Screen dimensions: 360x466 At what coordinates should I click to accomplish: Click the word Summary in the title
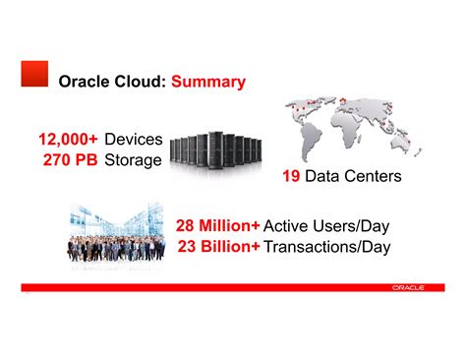(x=208, y=82)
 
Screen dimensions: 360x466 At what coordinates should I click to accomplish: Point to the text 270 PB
(x=70, y=159)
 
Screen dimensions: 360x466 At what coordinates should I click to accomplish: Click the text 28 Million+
(x=218, y=225)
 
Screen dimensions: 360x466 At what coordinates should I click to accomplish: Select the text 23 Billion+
(x=219, y=246)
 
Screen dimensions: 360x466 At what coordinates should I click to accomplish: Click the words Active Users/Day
(x=327, y=225)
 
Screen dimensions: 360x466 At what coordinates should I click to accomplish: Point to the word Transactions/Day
(x=327, y=246)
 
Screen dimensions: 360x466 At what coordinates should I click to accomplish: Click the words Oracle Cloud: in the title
(x=112, y=82)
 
